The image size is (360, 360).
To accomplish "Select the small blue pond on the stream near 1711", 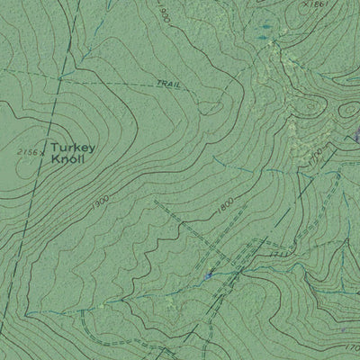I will click(209, 274).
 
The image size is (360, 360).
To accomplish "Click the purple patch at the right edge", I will click(356, 136).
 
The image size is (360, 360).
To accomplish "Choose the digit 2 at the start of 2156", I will click(20, 152).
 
